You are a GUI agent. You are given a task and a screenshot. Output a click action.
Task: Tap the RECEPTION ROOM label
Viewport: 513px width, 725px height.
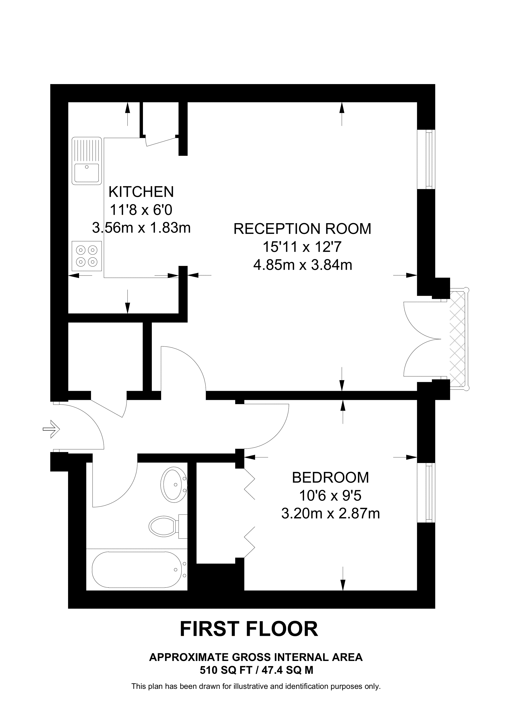tap(302, 229)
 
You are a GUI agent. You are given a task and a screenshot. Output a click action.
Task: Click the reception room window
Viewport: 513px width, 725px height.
tap(427, 159)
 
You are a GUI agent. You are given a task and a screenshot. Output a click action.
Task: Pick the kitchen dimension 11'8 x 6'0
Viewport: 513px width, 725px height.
tap(141, 210)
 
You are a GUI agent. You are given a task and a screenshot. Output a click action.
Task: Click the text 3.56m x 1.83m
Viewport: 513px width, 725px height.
tap(141, 227)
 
